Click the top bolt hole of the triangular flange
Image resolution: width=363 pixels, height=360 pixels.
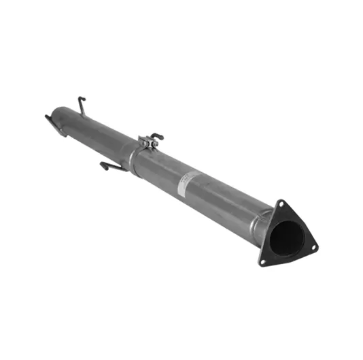tap(279, 203)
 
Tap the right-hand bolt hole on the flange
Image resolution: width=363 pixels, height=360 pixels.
tap(313, 249)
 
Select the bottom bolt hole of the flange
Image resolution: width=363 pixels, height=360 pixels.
tap(262, 260)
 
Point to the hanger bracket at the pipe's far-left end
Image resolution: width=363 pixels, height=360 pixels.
tap(52, 123)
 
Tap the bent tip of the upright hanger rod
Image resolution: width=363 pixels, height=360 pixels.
tap(80, 99)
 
